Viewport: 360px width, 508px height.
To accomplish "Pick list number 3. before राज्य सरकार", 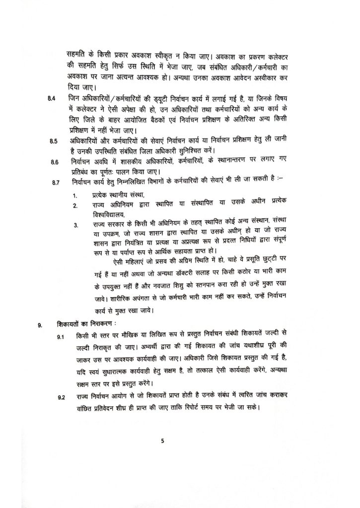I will (74, 225).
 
